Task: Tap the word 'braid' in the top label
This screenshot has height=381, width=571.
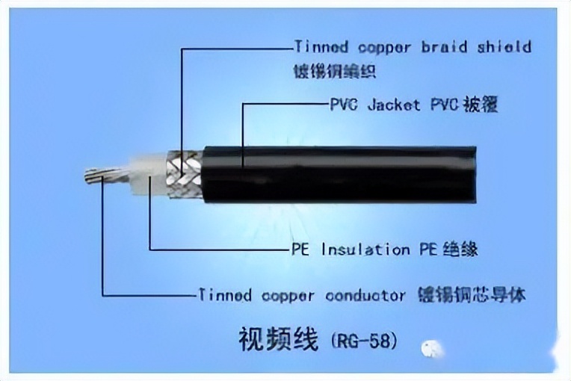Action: click(x=446, y=47)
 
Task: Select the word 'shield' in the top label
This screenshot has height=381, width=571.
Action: click(x=504, y=47)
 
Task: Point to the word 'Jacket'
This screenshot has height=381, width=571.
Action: click(x=394, y=105)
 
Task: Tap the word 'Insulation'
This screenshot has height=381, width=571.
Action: click(x=365, y=250)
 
